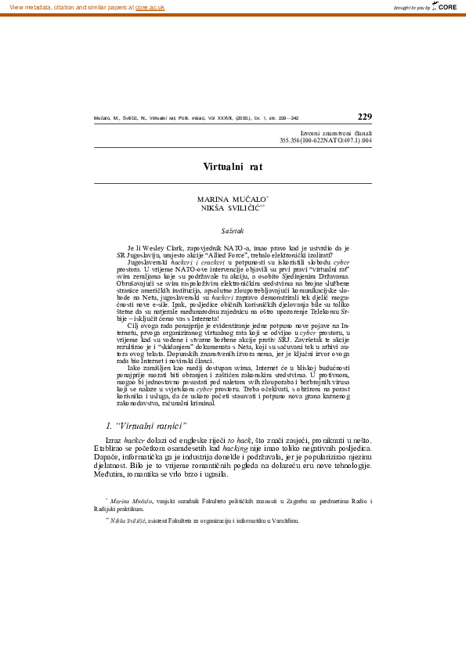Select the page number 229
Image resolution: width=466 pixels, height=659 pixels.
(364, 117)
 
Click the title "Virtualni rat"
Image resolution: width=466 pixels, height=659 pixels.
(233, 167)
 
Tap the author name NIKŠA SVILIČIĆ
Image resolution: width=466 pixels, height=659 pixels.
(229, 209)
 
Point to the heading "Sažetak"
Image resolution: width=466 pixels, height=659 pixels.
(233, 232)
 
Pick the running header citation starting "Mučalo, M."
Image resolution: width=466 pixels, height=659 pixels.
(196, 119)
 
